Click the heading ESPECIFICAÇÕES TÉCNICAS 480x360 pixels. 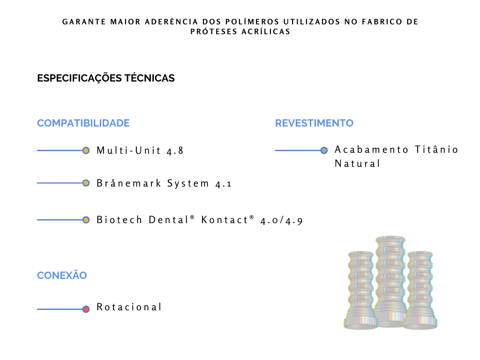coord(106,78)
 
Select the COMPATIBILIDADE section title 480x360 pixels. coord(83,123)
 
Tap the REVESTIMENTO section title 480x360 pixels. coord(314,123)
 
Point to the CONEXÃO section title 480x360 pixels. coord(62,275)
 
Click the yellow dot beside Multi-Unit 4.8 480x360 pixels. coord(86,150)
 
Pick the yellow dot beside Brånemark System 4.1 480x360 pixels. coord(86,183)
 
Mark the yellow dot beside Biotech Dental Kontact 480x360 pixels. coord(86,220)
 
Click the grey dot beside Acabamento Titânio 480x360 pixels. coord(324,150)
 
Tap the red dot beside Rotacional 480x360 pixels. coord(86,309)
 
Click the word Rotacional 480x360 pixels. coord(129,307)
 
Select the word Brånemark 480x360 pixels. coord(128,183)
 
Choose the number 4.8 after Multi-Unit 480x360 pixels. coord(175,150)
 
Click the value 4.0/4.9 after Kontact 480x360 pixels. coord(282,220)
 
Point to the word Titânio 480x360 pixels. coord(436,150)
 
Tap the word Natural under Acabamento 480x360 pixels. coord(357,164)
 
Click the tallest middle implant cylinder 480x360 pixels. coord(390,282)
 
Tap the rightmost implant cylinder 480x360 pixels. coord(420,290)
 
